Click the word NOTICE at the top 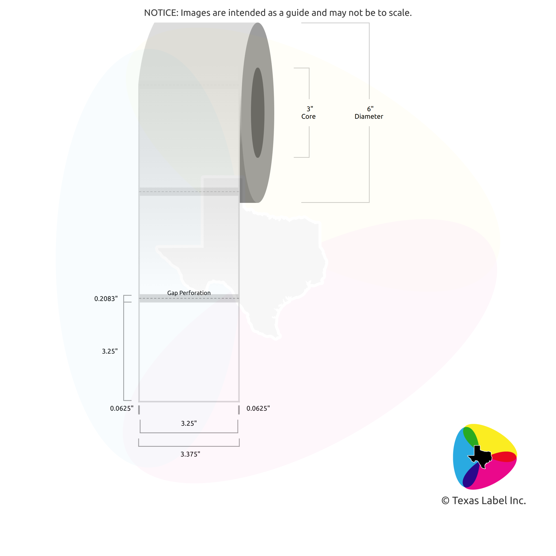point(161,13)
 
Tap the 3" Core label point(309,112)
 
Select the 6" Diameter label point(369,112)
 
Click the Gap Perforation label point(189,293)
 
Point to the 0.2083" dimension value point(106,299)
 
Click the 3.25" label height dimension point(110,351)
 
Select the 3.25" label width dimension point(189,423)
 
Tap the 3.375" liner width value point(190,454)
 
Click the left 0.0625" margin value point(122,408)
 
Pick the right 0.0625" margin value point(258,408)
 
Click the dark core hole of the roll point(257,112)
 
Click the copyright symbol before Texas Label point(445,501)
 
